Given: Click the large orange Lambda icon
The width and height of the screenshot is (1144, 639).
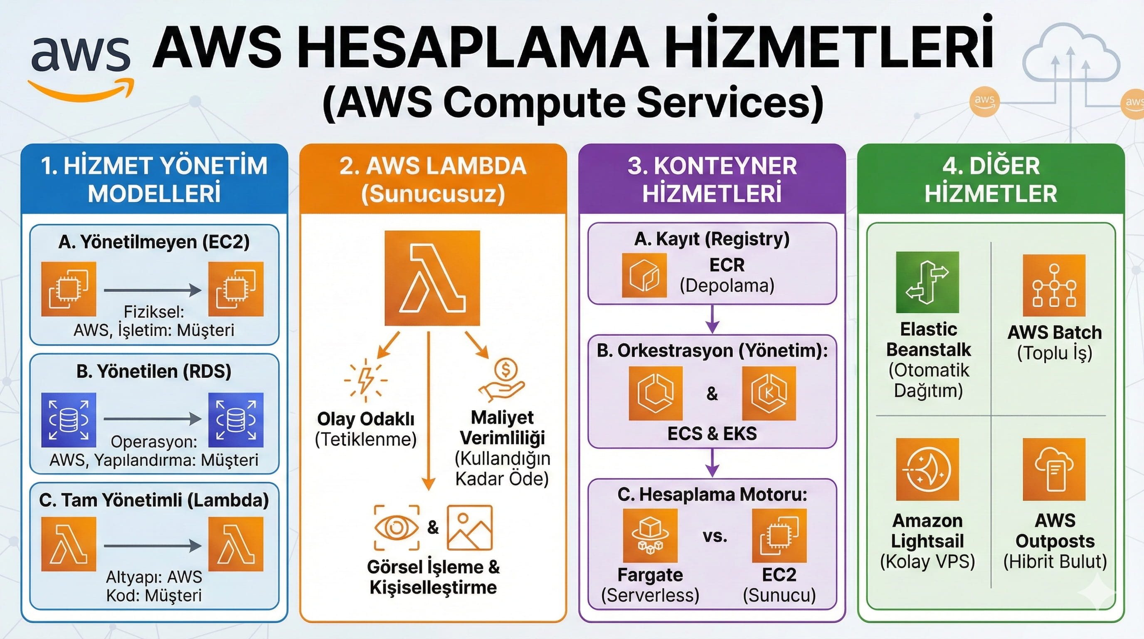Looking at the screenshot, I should [432, 278].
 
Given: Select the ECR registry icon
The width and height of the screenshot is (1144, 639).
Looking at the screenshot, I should [644, 275].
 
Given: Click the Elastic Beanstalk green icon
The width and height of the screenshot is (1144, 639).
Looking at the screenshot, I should [927, 282].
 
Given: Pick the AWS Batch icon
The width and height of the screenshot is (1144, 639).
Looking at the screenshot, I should [1054, 285].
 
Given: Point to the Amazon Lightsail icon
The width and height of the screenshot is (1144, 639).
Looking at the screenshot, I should [927, 469].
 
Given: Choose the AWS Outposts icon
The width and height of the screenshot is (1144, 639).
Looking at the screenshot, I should [1054, 469].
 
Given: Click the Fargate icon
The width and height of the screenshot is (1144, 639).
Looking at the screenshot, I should [650, 535].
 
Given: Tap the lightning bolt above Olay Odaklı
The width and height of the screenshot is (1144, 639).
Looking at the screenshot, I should [365, 380].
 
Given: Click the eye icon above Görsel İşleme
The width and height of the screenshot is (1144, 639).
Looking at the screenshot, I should [397, 528].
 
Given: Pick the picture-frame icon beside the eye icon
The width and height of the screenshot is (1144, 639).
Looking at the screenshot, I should [470, 528].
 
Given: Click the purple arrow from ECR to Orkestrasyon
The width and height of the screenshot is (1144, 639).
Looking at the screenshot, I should [713, 319].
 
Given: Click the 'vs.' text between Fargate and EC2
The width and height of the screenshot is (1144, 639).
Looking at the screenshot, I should [715, 536].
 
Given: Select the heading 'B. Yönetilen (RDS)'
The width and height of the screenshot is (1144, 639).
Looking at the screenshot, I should [154, 372].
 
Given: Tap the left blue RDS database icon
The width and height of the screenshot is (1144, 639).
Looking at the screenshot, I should [69, 419].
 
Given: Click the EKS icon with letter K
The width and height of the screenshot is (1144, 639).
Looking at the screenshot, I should [769, 393].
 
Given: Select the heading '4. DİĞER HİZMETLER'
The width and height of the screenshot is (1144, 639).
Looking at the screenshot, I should [991, 180].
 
